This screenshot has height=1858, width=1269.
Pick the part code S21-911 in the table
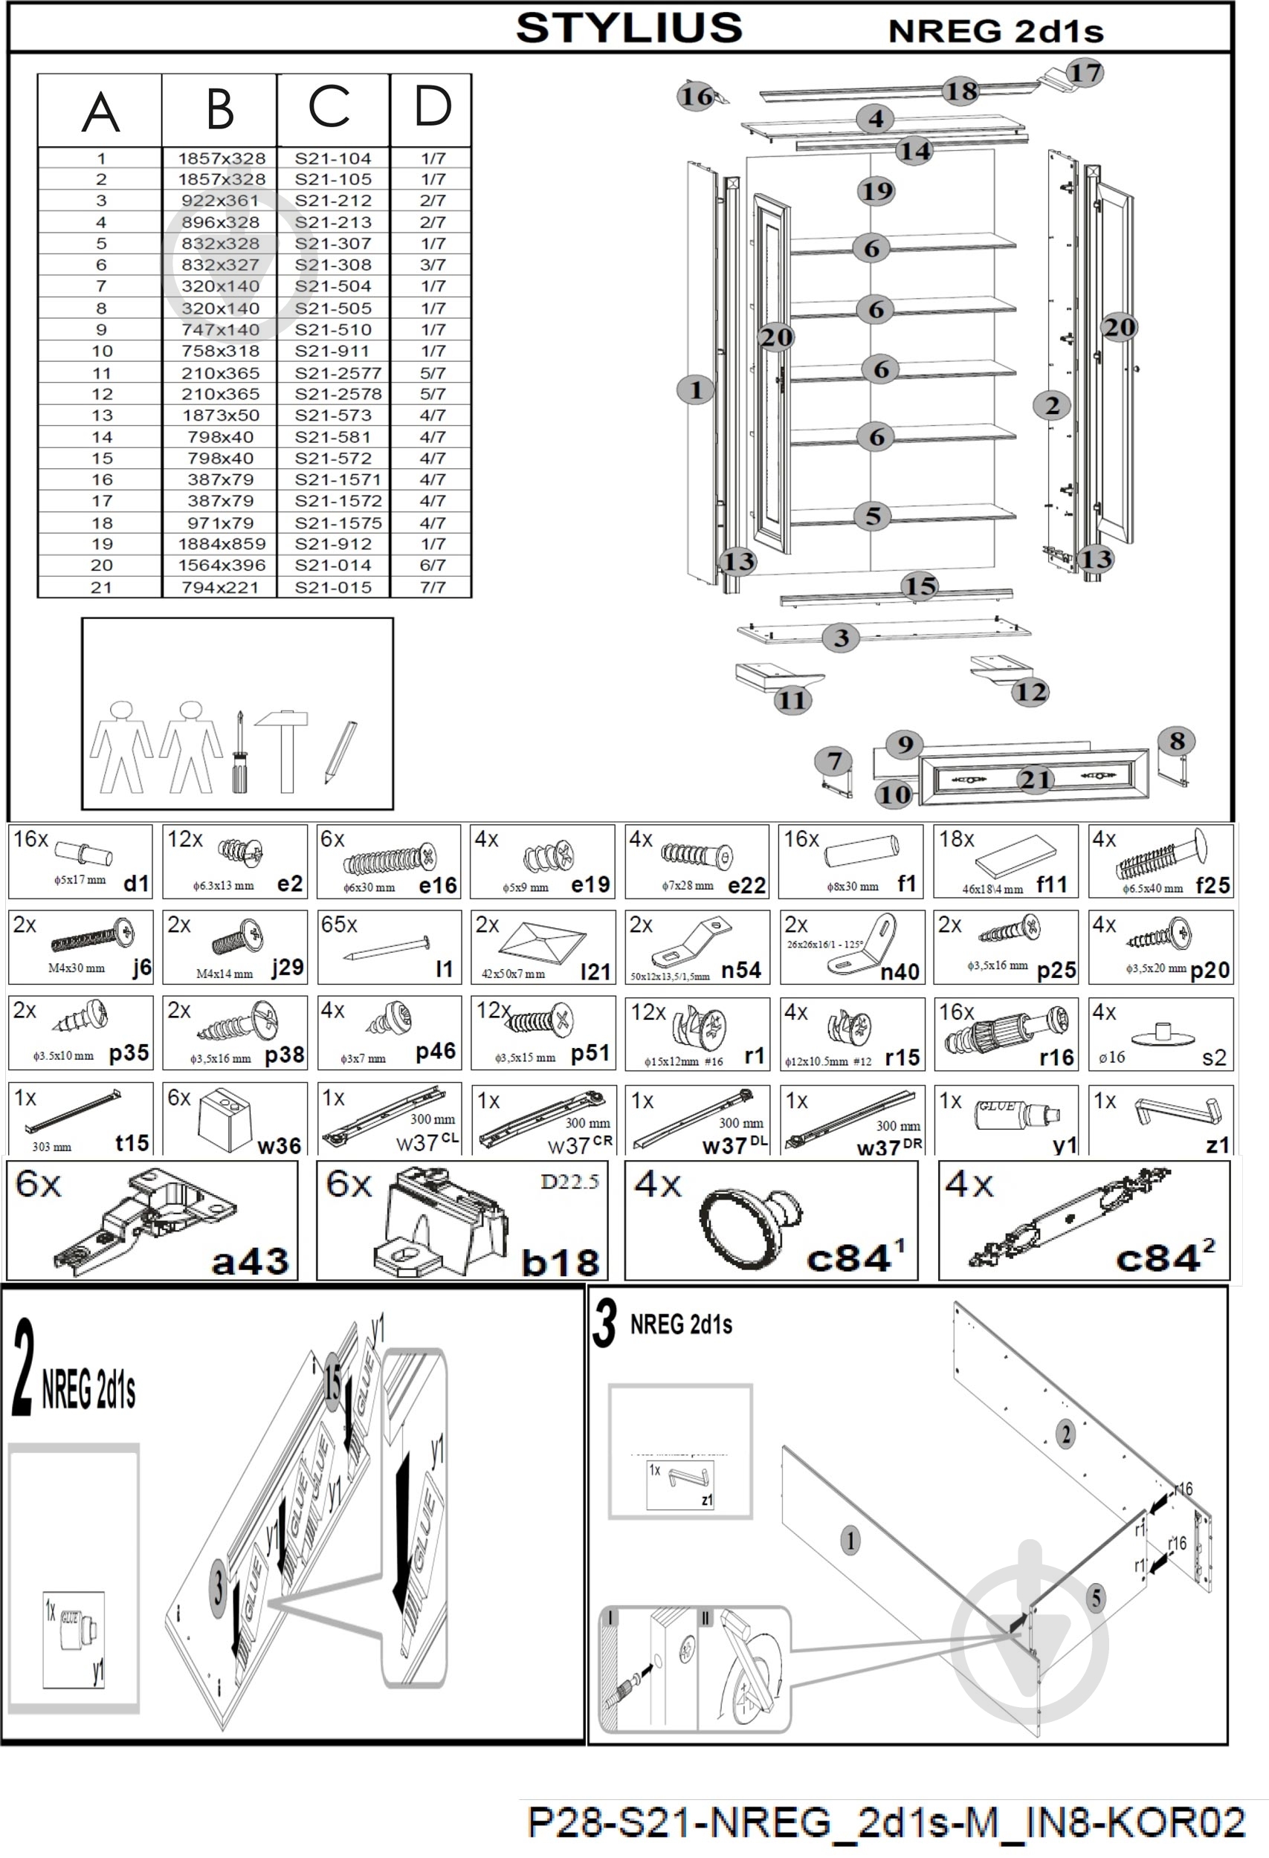point(332,351)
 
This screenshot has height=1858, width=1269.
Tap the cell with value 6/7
point(433,566)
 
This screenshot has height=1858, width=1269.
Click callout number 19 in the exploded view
point(876,191)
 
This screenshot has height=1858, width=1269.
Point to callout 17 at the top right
point(1085,73)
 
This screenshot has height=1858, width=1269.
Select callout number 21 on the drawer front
point(1036,779)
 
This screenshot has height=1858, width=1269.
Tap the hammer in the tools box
point(282,748)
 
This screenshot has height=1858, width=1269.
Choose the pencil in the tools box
point(340,752)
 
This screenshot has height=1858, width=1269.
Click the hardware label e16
point(437,885)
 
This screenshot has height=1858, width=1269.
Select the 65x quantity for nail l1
point(338,925)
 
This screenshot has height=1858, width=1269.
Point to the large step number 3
point(604,1323)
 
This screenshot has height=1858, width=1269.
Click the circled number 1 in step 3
point(850,1541)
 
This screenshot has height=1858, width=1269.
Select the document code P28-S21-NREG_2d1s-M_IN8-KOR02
point(886,1823)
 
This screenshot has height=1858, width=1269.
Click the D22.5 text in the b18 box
point(569,1182)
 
